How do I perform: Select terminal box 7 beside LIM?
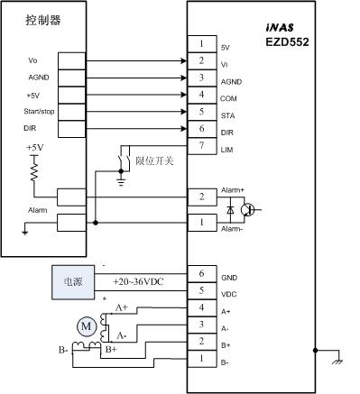pos(201,146)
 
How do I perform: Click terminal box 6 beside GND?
pos(201,274)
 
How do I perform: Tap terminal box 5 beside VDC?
pos(201,291)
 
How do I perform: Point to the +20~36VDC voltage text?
pos(139,282)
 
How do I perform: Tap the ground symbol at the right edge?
pos(337,362)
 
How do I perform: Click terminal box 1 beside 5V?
pos(201,43)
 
